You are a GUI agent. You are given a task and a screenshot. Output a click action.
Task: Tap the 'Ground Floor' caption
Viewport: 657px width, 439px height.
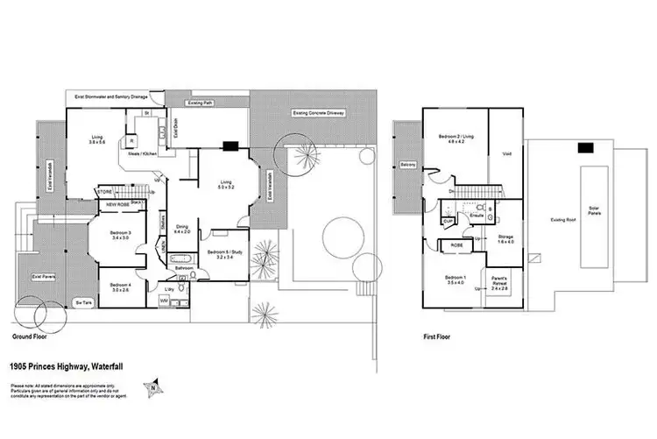(x=34, y=336)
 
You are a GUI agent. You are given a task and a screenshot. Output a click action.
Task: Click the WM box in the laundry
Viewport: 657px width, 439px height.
(x=165, y=301)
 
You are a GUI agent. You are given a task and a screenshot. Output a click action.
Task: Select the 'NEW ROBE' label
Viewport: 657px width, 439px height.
(x=118, y=205)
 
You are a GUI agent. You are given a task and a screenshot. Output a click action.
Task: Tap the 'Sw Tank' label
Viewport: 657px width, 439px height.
(x=85, y=302)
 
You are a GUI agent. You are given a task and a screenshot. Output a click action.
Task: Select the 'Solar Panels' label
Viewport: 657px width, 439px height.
(x=596, y=209)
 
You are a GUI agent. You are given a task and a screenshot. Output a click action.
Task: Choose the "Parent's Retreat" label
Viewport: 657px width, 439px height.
(x=498, y=284)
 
